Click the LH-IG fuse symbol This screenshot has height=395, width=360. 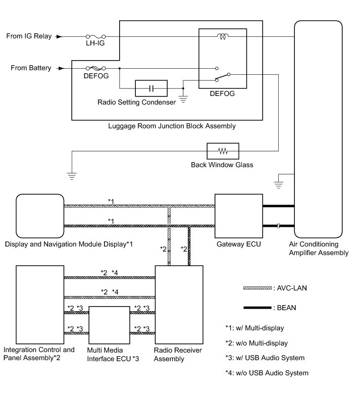click(x=95, y=36)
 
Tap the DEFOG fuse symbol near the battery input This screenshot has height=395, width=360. click(x=95, y=68)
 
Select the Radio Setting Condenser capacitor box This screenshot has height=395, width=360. click(x=151, y=88)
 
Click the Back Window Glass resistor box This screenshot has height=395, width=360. click(x=223, y=151)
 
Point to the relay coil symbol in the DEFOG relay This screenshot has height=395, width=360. click(x=222, y=36)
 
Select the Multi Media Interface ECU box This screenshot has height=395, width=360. click(x=110, y=324)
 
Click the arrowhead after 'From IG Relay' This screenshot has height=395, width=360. click(x=59, y=36)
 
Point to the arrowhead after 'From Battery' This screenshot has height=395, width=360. click(x=62, y=68)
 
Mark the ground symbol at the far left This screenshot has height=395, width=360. click(x=72, y=176)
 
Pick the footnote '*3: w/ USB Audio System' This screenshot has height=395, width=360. click(x=265, y=358)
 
